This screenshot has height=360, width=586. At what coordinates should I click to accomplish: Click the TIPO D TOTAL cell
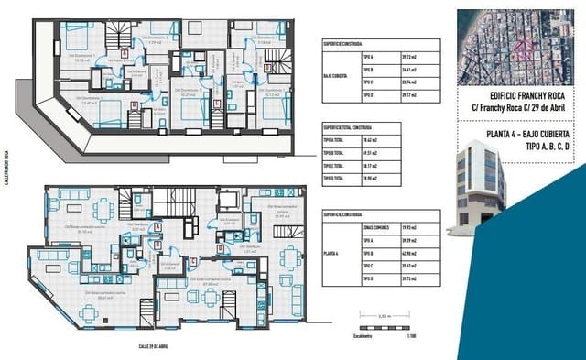(x=333, y=179)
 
